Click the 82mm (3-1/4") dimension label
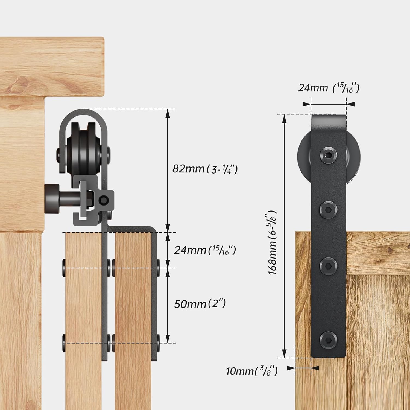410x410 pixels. [x=205, y=169]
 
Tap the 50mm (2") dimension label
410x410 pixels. [x=200, y=304]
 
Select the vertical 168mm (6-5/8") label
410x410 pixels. [x=273, y=242]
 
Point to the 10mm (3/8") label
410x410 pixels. [x=252, y=371]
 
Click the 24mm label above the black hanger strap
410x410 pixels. [x=328, y=88]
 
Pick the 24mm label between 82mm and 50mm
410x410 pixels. [x=205, y=250]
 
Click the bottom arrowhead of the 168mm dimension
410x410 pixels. [x=285, y=354]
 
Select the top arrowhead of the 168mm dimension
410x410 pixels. [x=285, y=118]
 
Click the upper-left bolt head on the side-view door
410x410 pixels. [x=63, y=265]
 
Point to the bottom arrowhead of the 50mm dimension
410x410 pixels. [x=168, y=340]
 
